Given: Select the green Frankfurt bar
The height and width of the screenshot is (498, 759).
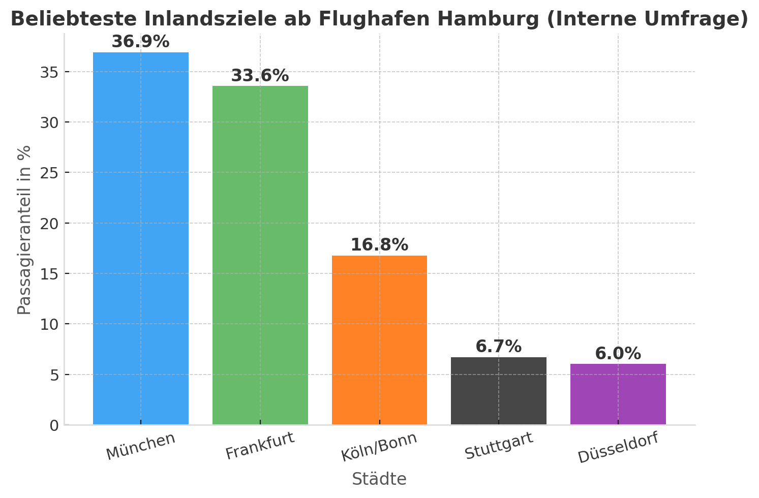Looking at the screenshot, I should (x=260, y=255).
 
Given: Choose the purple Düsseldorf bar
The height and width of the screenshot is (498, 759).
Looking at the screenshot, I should (x=618, y=394).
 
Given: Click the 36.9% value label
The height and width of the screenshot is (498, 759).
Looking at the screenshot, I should (x=140, y=42).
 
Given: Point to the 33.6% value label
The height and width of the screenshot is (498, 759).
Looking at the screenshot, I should (x=260, y=76).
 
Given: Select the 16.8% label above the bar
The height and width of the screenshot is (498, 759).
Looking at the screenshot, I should (x=379, y=245).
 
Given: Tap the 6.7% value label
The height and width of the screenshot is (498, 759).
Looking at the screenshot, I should (x=498, y=347).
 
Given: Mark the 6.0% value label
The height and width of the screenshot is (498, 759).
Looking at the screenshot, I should (x=618, y=354).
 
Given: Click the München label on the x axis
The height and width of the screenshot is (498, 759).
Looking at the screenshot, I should (x=141, y=446).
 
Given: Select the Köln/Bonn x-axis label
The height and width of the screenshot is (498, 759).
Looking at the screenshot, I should (x=379, y=447).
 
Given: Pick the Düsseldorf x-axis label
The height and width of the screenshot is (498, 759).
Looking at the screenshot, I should (x=618, y=447).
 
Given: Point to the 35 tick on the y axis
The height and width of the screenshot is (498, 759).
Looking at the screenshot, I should (x=49, y=72).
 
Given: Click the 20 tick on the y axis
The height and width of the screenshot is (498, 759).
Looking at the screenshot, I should (x=49, y=224).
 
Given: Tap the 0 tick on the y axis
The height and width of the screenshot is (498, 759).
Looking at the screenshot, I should (x=54, y=425).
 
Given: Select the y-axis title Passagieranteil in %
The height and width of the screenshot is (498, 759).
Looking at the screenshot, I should (x=24, y=230).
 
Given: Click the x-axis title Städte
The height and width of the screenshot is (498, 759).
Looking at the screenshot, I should (x=379, y=479).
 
